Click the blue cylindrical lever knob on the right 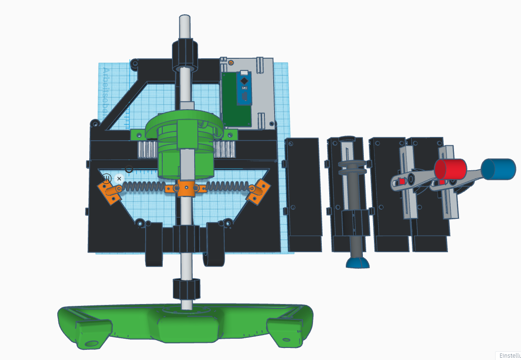(498, 169)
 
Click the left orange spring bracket (109, 192)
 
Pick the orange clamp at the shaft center (187, 189)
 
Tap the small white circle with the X (119, 179)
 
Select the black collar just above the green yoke (187, 289)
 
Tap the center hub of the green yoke (187, 326)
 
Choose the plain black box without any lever (304, 194)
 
